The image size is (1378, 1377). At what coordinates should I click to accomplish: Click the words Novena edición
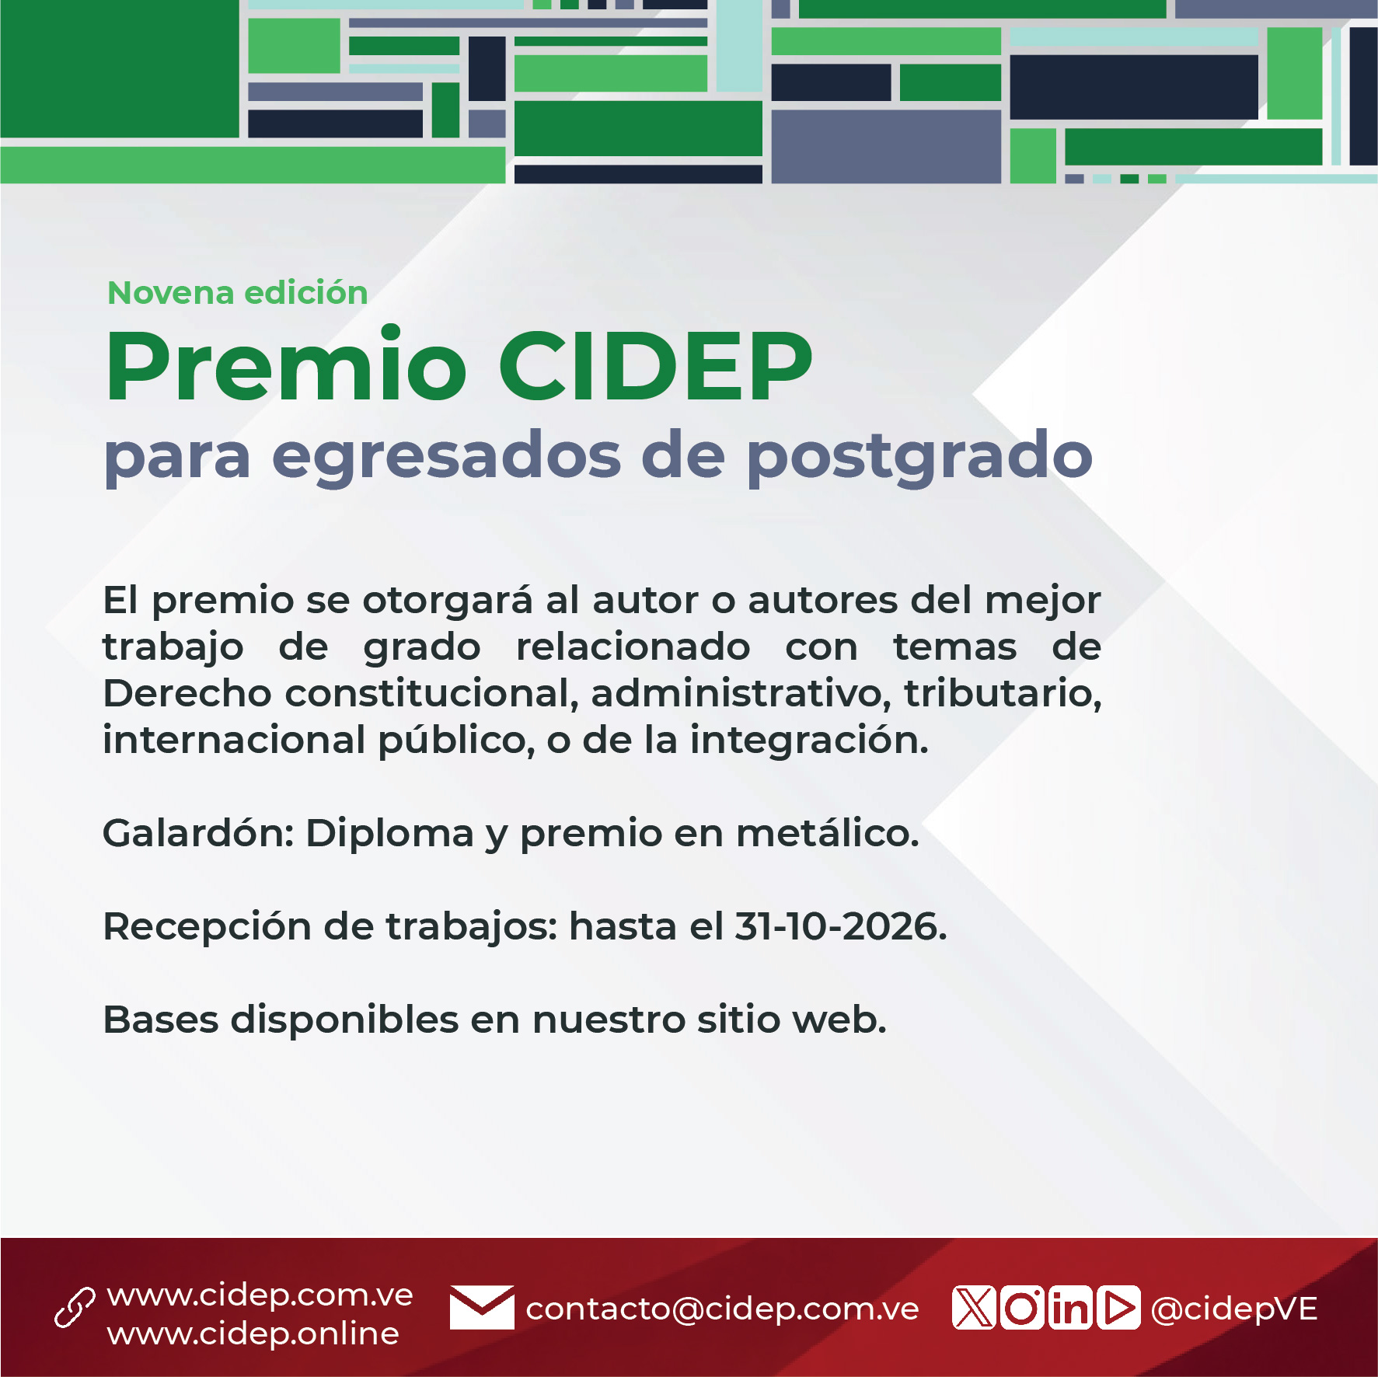238,293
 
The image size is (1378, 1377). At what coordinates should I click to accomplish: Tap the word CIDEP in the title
655,366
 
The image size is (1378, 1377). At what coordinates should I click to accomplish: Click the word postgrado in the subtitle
919,458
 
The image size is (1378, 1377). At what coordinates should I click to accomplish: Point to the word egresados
446,458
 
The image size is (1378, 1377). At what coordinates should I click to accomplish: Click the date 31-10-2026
840,926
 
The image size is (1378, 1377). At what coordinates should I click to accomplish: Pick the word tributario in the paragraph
1003,693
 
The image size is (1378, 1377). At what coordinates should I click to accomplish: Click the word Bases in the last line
161,1020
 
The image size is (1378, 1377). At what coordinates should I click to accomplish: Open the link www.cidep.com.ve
260,1295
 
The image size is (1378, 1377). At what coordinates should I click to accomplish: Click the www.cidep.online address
253,1333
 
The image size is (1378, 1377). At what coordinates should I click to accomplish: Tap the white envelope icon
482,1307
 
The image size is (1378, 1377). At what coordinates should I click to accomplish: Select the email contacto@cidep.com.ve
723,1309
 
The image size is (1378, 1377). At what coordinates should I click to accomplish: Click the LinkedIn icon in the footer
1070,1308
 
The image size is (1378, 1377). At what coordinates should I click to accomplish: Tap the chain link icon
75,1307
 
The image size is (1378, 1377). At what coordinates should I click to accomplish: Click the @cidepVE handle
1234,1309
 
